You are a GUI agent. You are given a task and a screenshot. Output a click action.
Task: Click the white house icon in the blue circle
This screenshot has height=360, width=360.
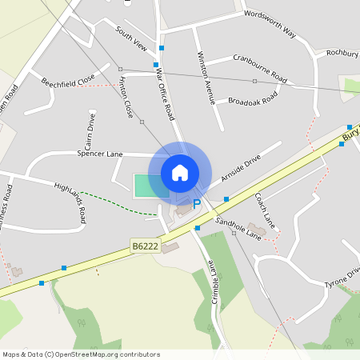[180, 173]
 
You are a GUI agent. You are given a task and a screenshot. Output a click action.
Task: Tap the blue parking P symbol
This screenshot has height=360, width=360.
[197, 206]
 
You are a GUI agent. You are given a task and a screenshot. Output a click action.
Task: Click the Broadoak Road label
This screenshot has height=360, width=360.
[252, 99]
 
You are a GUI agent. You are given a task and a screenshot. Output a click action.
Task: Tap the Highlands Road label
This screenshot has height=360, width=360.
[70, 198]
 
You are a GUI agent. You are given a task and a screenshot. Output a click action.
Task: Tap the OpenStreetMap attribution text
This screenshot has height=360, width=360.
[81, 354]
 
